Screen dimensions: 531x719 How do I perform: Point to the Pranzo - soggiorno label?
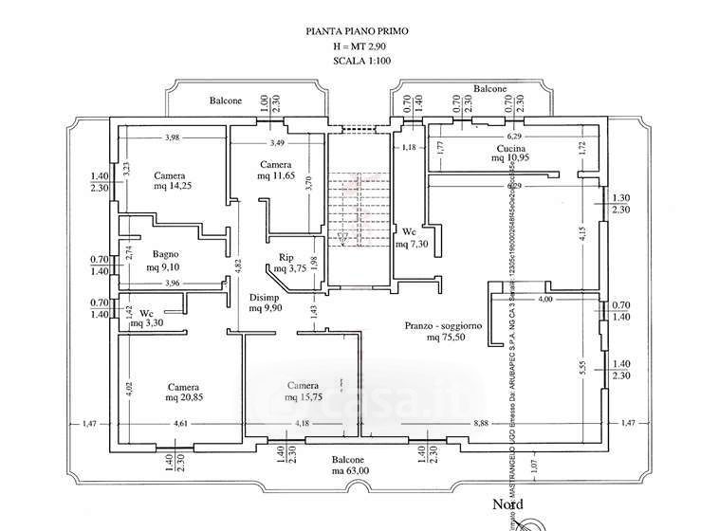pos(443,330)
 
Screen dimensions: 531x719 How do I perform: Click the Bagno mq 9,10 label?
pos(165,261)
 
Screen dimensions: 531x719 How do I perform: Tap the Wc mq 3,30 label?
pos(148,318)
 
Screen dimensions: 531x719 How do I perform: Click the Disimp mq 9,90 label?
pos(265,302)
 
